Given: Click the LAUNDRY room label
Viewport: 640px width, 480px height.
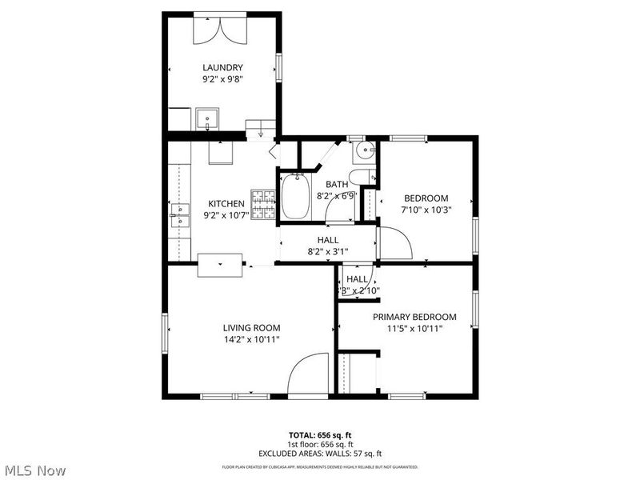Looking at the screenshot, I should coord(222,67).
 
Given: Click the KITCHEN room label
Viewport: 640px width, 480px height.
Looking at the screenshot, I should coord(226,203).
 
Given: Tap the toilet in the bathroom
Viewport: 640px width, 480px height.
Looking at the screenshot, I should coord(362,177).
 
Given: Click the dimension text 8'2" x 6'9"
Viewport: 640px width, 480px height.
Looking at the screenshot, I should coord(336,195).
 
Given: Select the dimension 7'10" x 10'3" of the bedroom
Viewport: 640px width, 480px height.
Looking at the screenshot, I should coord(426,210).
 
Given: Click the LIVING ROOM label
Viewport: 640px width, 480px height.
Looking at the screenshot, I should coord(251,327).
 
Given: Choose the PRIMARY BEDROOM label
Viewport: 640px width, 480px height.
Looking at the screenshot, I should coord(414,317).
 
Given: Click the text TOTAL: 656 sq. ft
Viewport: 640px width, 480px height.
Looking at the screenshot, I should coord(320,436).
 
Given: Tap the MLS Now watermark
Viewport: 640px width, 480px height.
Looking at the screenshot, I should coord(34,470).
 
